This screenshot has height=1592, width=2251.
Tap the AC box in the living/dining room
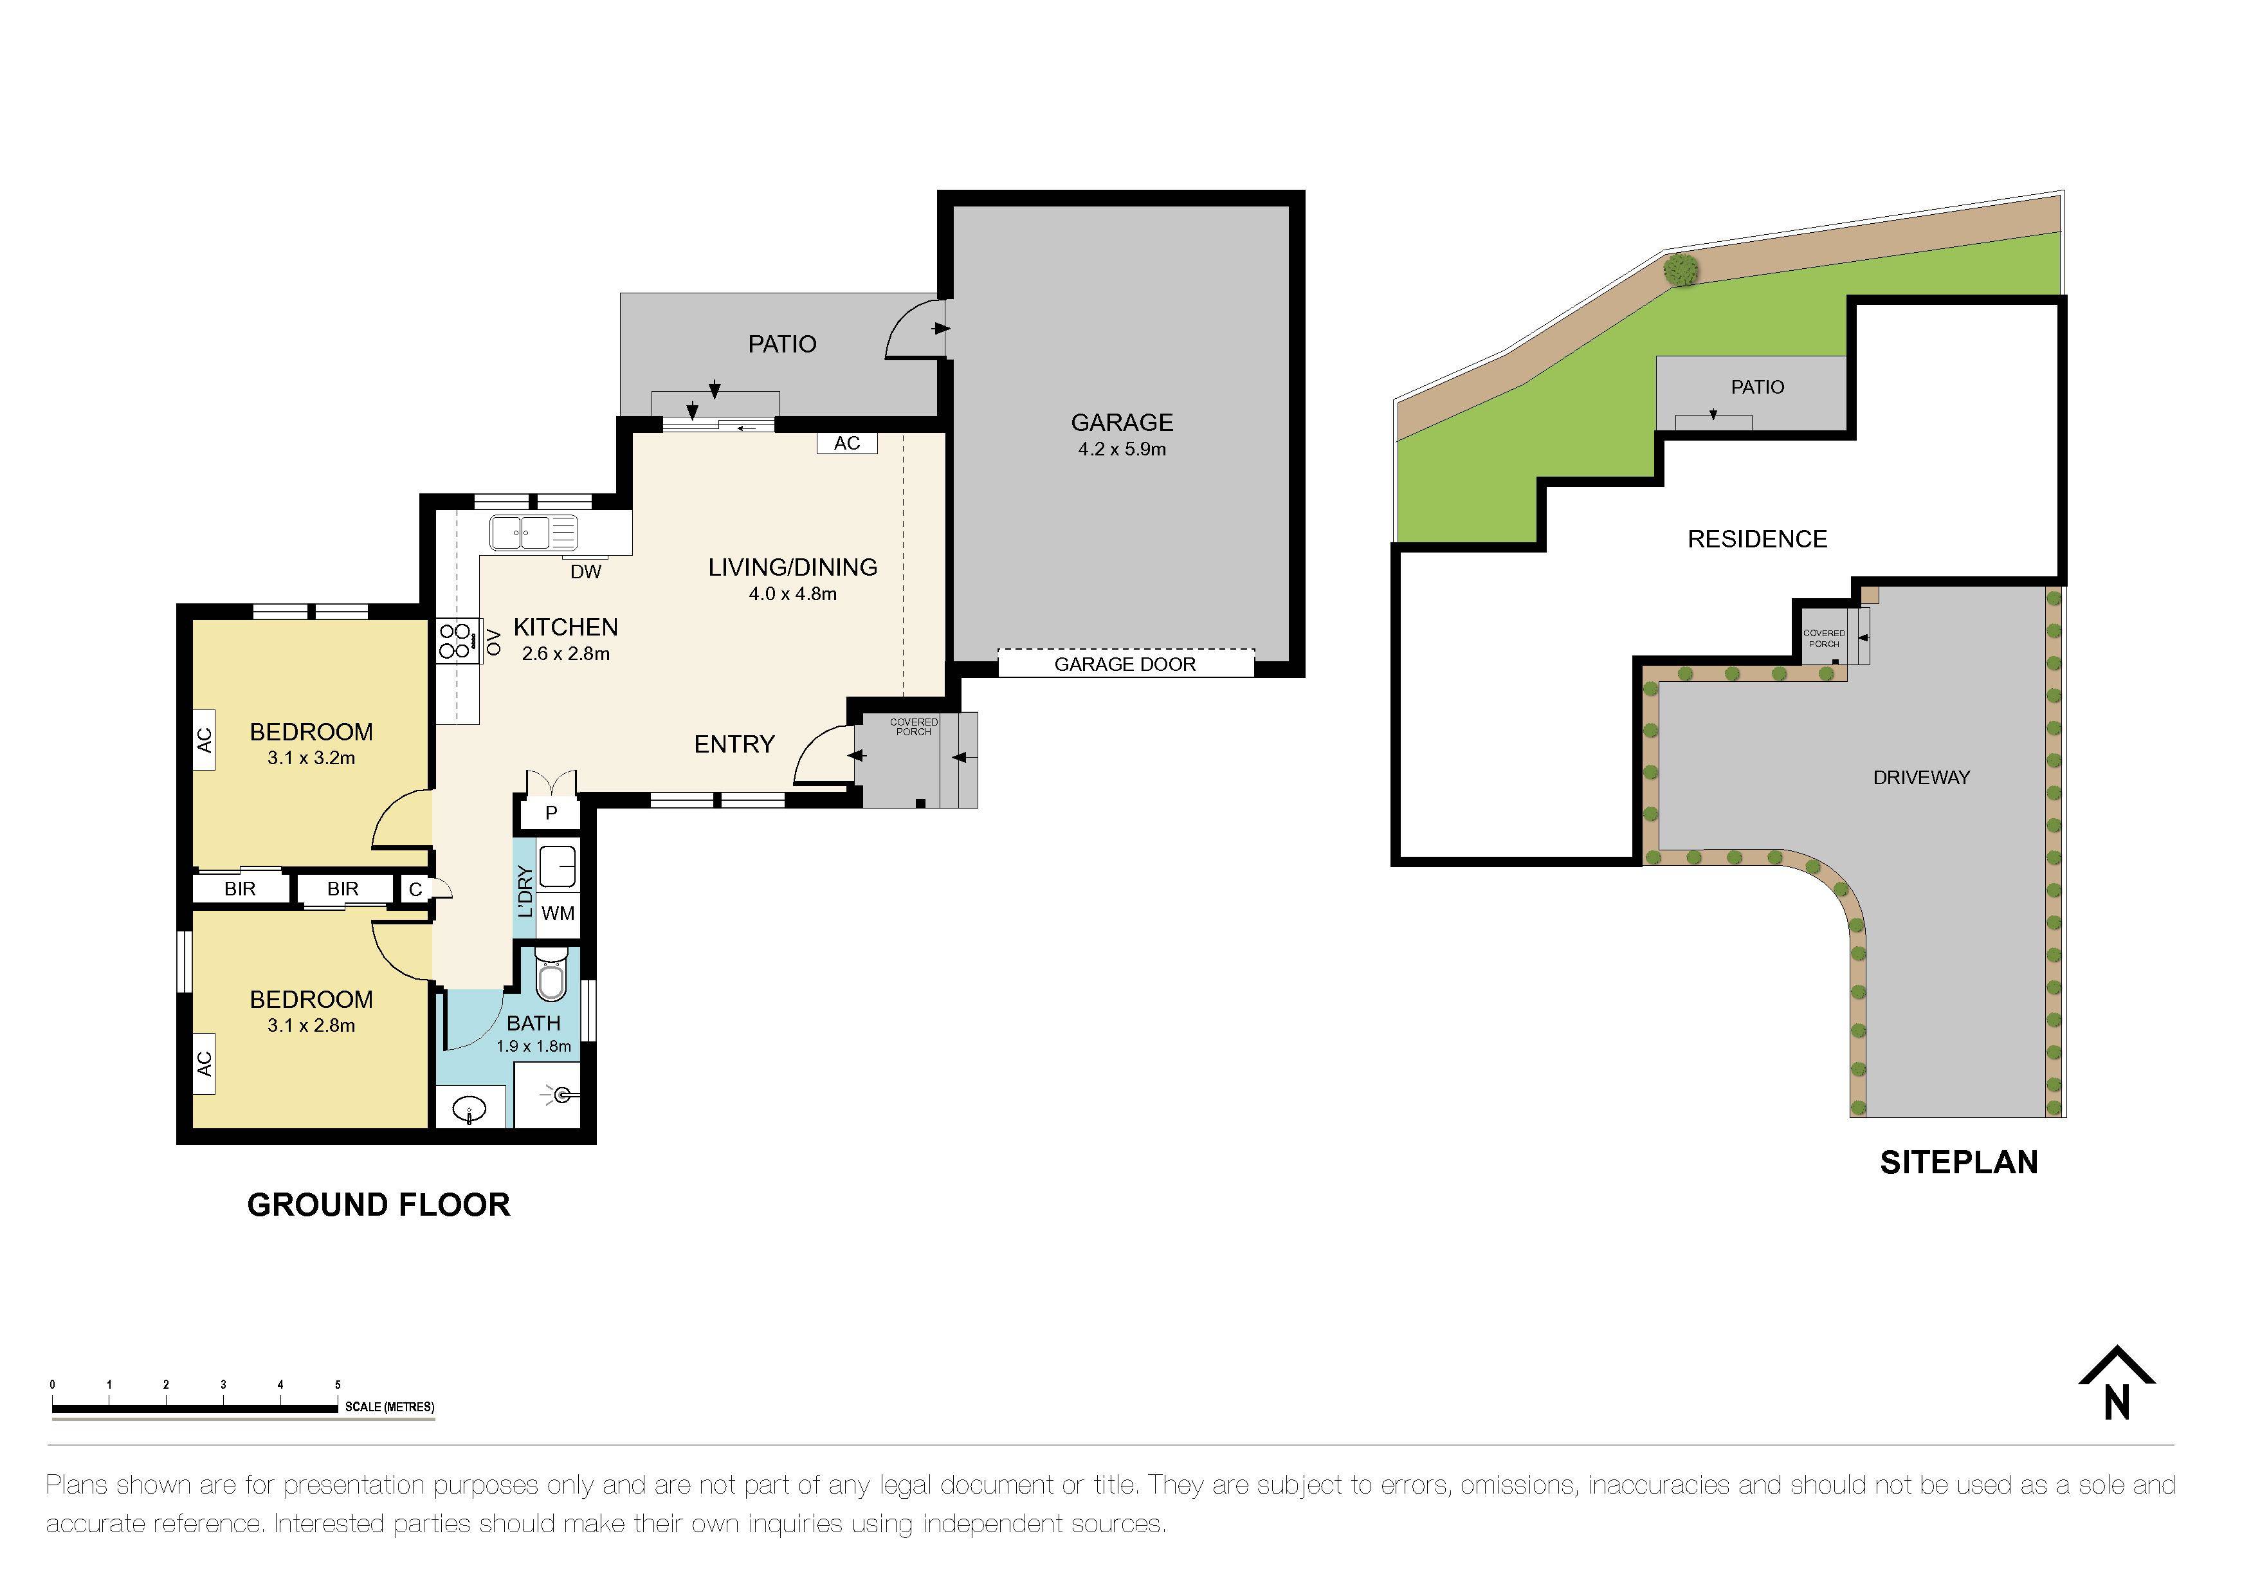pos(847,443)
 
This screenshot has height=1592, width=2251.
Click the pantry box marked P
pos(551,812)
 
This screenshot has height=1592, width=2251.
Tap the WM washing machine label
pos(558,913)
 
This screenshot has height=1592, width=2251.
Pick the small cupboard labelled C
pos(415,889)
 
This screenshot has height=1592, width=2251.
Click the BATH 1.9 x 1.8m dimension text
pos(533,1046)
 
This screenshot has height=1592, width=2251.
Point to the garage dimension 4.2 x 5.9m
pos(1122,449)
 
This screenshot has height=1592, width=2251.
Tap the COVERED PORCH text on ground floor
pos(914,726)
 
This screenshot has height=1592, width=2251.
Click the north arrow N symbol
pos(2117,1384)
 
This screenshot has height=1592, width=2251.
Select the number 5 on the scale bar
pos(337,1384)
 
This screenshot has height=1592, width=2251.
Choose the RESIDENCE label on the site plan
pos(1757,539)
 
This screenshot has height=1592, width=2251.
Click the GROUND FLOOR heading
pos(378,1205)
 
